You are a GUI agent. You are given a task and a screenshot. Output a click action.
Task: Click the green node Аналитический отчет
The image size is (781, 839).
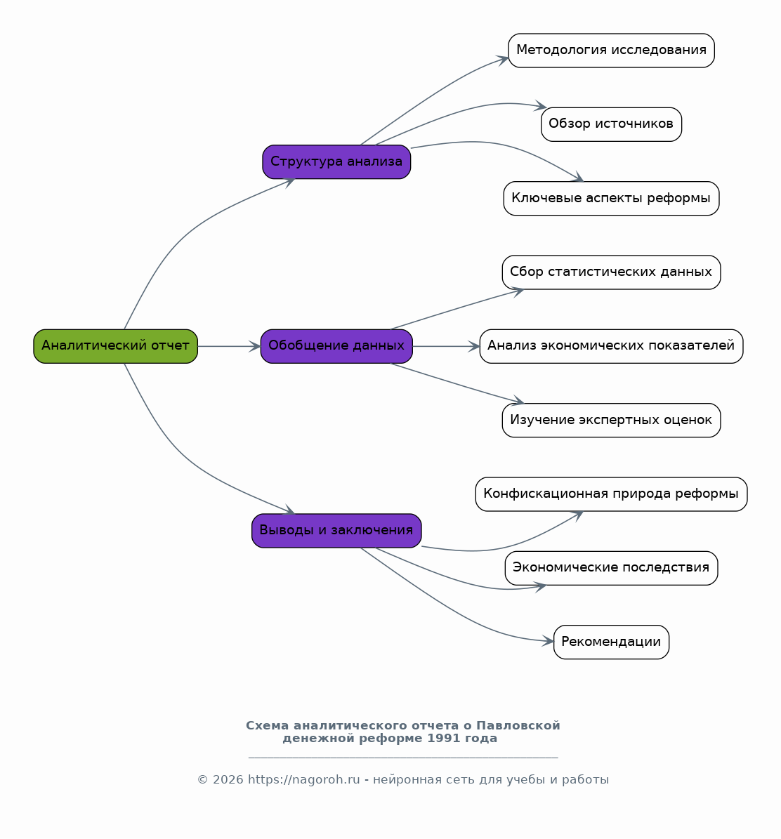[116, 346]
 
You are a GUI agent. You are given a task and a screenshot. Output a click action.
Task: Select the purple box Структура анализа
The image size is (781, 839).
[336, 161]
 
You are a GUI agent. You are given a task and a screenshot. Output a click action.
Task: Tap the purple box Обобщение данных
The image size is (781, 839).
[336, 346]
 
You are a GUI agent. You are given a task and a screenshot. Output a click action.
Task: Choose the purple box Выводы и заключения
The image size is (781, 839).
[336, 531]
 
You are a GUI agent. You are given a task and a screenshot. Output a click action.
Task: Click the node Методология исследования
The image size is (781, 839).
[611, 51]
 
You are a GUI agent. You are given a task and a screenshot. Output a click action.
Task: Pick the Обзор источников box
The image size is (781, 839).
[611, 125]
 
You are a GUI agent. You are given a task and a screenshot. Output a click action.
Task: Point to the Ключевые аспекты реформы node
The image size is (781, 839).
[611, 199]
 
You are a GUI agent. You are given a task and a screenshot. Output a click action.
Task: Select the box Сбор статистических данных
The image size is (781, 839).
[611, 272]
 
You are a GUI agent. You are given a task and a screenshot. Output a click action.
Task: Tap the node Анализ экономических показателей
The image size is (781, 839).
[611, 346]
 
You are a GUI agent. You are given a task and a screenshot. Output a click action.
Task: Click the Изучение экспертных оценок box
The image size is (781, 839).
[611, 420]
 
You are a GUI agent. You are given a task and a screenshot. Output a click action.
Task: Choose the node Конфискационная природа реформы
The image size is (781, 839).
[611, 494]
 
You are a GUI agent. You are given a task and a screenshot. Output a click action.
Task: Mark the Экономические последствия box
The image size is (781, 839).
[611, 568]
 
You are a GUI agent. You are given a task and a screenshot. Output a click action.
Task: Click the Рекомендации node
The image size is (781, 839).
[611, 642]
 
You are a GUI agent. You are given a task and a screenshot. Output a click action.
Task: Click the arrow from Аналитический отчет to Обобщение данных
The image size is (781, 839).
[229, 346]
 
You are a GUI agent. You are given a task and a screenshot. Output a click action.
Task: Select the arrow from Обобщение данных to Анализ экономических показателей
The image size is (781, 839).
[446, 346]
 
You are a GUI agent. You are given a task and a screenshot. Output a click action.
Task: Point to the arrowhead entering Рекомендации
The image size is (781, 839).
[548, 640]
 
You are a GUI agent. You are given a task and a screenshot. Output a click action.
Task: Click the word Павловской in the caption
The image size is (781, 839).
[518, 725]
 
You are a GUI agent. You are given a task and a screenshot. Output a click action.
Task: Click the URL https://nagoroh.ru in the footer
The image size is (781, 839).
[303, 779]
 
